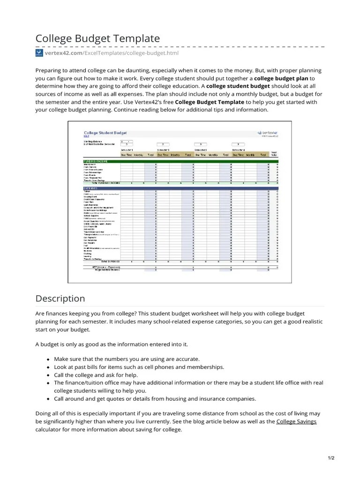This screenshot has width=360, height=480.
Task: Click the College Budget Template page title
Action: pos(97,38)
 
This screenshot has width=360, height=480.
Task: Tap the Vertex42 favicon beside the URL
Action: pos(39,53)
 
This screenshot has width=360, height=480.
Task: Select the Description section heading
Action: pos(60,299)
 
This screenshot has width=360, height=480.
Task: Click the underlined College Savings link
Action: pos(296,421)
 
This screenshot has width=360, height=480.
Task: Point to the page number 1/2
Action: pos(330,458)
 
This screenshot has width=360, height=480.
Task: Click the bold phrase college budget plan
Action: pos(281,78)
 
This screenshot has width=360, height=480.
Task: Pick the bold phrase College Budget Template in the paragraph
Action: pos(210,102)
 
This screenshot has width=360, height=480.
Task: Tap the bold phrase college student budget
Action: pos(238,86)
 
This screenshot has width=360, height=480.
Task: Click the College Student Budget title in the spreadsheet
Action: pos(105,133)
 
